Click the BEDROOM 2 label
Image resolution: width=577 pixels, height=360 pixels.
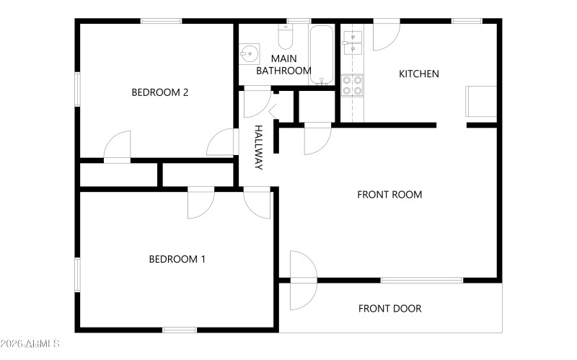coord(159,92)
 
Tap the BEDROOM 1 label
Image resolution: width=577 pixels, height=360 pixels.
coord(177,259)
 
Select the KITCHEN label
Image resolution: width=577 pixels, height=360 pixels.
coord(418,74)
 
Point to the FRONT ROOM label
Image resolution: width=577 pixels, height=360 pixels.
coord(389,195)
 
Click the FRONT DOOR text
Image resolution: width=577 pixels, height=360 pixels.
coord(389,309)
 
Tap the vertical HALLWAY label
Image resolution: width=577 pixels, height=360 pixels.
coord(257,148)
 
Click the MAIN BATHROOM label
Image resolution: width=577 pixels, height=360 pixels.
coord(284,64)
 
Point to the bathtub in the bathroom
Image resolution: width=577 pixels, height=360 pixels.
coord(322,54)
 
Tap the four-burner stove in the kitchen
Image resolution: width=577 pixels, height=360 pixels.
coord(351,86)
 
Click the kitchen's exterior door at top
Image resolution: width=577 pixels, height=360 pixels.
coord(385,35)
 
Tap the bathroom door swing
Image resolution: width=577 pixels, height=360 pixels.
coord(256,102)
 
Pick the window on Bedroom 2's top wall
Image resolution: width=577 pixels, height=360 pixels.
coord(161,22)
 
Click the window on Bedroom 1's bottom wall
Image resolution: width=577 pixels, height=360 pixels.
coord(179,330)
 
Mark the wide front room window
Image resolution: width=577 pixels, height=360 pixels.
coord(421,280)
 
